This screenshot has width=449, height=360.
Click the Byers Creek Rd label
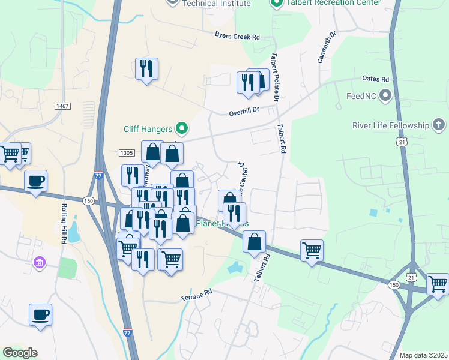(x=238, y=37)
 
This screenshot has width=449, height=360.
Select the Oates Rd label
(x=376, y=79)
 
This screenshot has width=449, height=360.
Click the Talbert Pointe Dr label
(x=275, y=76)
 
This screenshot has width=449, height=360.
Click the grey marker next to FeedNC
(x=385, y=96)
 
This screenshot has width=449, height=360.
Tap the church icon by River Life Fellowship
(x=439, y=125)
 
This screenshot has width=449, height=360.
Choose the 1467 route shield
(x=62, y=106)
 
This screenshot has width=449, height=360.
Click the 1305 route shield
(x=126, y=154)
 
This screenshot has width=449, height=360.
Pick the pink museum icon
(x=40, y=262)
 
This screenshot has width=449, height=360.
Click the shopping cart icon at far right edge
(x=438, y=283)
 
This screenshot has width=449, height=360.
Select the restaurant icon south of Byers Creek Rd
(x=146, y=68)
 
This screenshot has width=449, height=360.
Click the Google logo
(x=20, y=353)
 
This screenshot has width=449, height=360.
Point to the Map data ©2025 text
(x=423, y=355)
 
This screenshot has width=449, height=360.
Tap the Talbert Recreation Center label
(x=327, y=3)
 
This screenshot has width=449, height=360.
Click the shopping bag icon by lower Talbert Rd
(x=255, y=241)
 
